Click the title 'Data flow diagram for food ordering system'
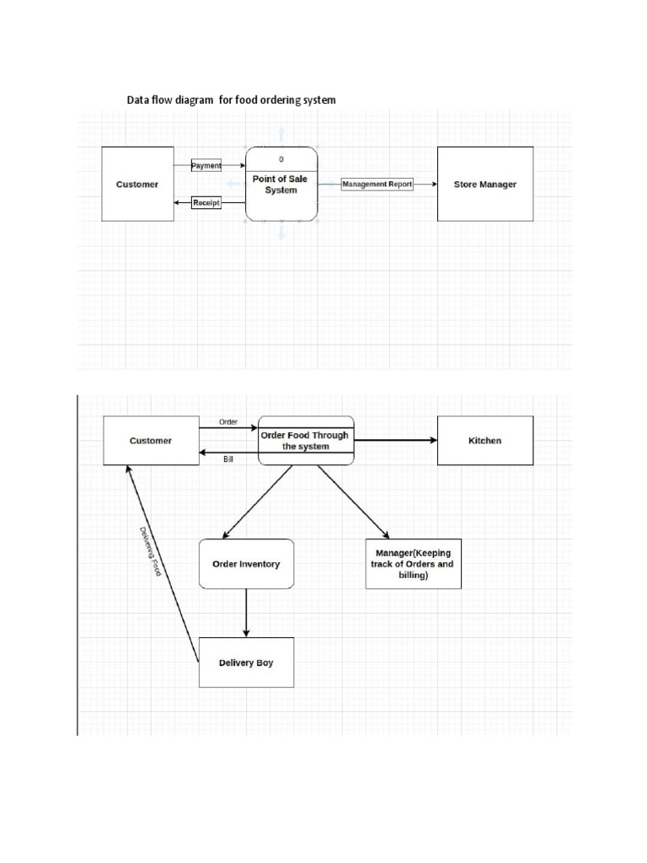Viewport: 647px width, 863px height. [x=231, y=99]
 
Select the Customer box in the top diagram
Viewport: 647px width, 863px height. [x=137, y=184]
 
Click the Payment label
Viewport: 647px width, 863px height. [x=206, y=166]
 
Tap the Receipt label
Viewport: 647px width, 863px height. [x=206, y=202]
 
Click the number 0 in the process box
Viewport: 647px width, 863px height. [x=281, y=158]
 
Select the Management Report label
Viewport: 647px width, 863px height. [x=377, y=184]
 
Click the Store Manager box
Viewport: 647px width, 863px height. [x=485, y=184]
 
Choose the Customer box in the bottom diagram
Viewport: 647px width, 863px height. [x=151, y=440]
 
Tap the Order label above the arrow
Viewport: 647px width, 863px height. [x=228, y=421]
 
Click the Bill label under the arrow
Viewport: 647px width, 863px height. [x=228, y=459]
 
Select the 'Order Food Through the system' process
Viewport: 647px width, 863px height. [x=305, y=440]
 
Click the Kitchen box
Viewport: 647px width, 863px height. [x=484, y=440]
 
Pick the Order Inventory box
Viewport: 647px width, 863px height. [x=246, y=564]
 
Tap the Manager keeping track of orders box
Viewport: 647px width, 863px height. [x=413, y=564]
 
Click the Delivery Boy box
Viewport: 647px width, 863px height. [x=246, y=662]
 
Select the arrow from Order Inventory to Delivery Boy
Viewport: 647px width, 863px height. [x=246, y=613]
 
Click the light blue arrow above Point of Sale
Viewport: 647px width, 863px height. [x=281, y=134]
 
